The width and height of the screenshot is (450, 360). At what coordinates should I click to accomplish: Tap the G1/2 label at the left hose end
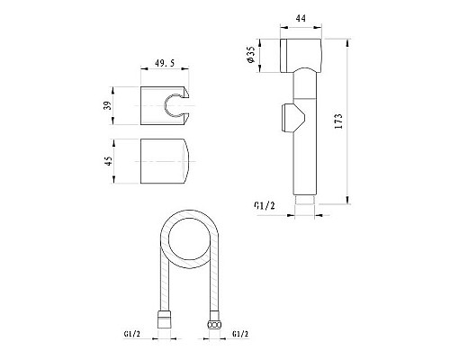pyautogui.click(x=132, y=337)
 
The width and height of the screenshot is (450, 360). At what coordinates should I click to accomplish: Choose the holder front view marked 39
pyautogui.click(x=166, y=105)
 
